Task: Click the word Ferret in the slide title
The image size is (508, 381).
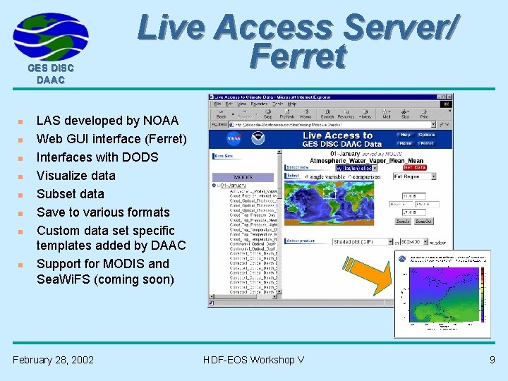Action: [298, 58]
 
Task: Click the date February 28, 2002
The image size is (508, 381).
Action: [53, 360]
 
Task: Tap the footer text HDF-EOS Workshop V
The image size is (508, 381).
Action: [253, 360]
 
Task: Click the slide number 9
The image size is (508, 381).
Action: [492, 360]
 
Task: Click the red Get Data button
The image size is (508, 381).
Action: [415, 167]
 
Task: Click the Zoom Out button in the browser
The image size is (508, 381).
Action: [423, 221]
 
